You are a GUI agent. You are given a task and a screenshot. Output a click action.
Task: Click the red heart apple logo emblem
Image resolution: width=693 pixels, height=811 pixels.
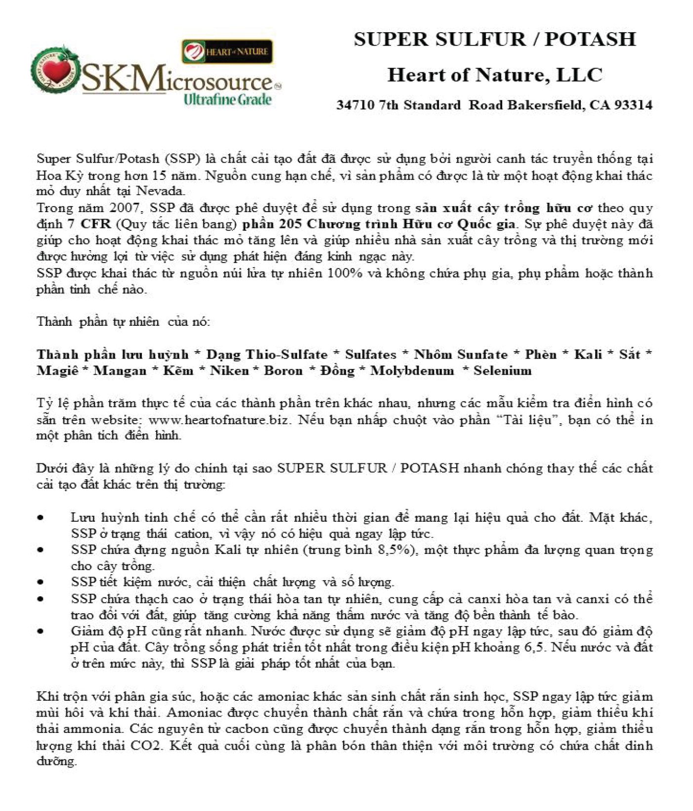pos(55,71)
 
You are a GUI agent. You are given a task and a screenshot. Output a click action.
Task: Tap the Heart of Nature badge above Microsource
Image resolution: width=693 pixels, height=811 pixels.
pos(227,51)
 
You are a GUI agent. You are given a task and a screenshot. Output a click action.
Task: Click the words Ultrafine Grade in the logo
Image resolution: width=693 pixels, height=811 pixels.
pos(227,99)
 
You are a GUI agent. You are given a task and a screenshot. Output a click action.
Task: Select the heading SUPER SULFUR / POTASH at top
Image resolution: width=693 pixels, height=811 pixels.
pos(495,39)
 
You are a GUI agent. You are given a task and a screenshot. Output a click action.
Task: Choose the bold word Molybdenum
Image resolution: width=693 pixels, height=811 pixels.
pos(412,371)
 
